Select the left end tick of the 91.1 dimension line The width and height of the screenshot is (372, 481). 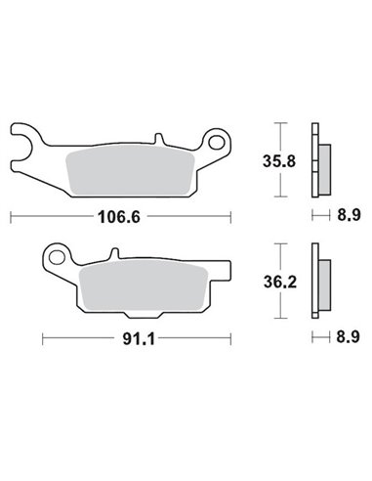(x=43, y=339)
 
